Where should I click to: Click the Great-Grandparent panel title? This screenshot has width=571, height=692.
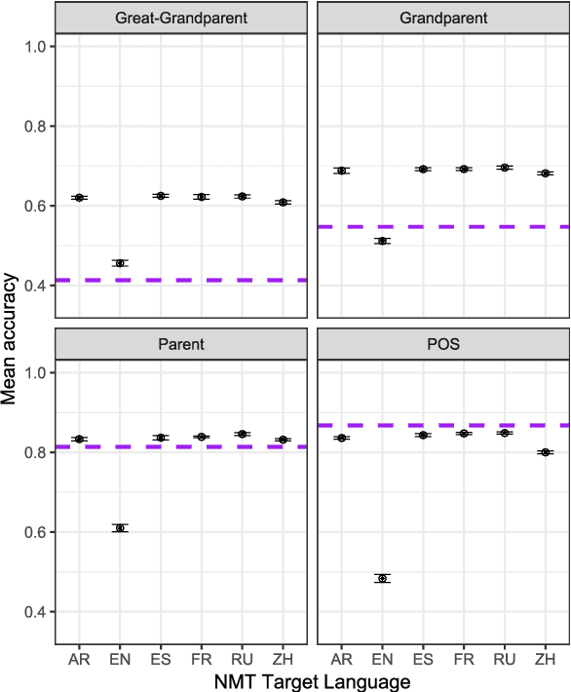click(181, 18)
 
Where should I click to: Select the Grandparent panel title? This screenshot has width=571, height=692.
click(443, 18)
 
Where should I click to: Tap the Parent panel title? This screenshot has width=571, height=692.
click(181, 344)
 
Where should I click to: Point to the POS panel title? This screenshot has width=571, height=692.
click(443, 344)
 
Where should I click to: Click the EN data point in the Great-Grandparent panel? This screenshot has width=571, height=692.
click(120, 263)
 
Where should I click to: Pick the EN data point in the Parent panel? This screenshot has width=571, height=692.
click(120, 528)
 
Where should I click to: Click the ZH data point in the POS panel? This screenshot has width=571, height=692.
click(546, 452)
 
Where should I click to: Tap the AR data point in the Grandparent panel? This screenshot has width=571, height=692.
click(342, 171)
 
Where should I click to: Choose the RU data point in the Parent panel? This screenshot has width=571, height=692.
click(243, 434)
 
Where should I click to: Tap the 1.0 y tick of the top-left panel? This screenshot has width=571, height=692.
click(37, 46)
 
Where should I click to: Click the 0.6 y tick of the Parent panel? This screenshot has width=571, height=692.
click(37, 532)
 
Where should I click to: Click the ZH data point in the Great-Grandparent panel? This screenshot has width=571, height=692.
click(284, 203)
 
